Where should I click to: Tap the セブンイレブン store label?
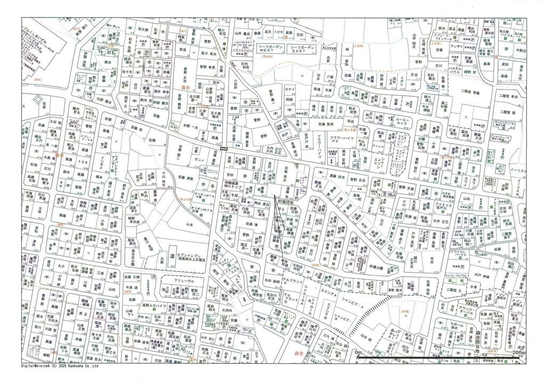(x=195, y=258)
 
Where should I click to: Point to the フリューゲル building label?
(x=186, y=280)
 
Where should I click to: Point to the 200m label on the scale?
(x=518, y=353)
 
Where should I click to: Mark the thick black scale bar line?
(x=437, y=357)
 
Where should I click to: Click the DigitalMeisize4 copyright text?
(x=60, y=366)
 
